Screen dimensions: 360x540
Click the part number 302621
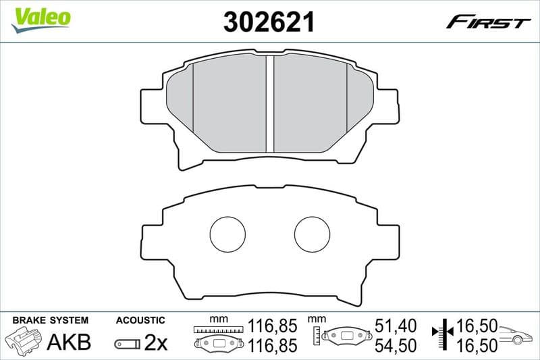(x=269, y=22)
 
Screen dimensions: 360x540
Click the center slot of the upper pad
(x=269, y=104)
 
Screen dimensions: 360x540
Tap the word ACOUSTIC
(x=140, y=320)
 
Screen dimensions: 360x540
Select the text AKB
(x=68, y=342)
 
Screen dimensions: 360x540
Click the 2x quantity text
(x=156, y=343)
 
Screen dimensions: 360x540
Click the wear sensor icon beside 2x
(x=128, y=344)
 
